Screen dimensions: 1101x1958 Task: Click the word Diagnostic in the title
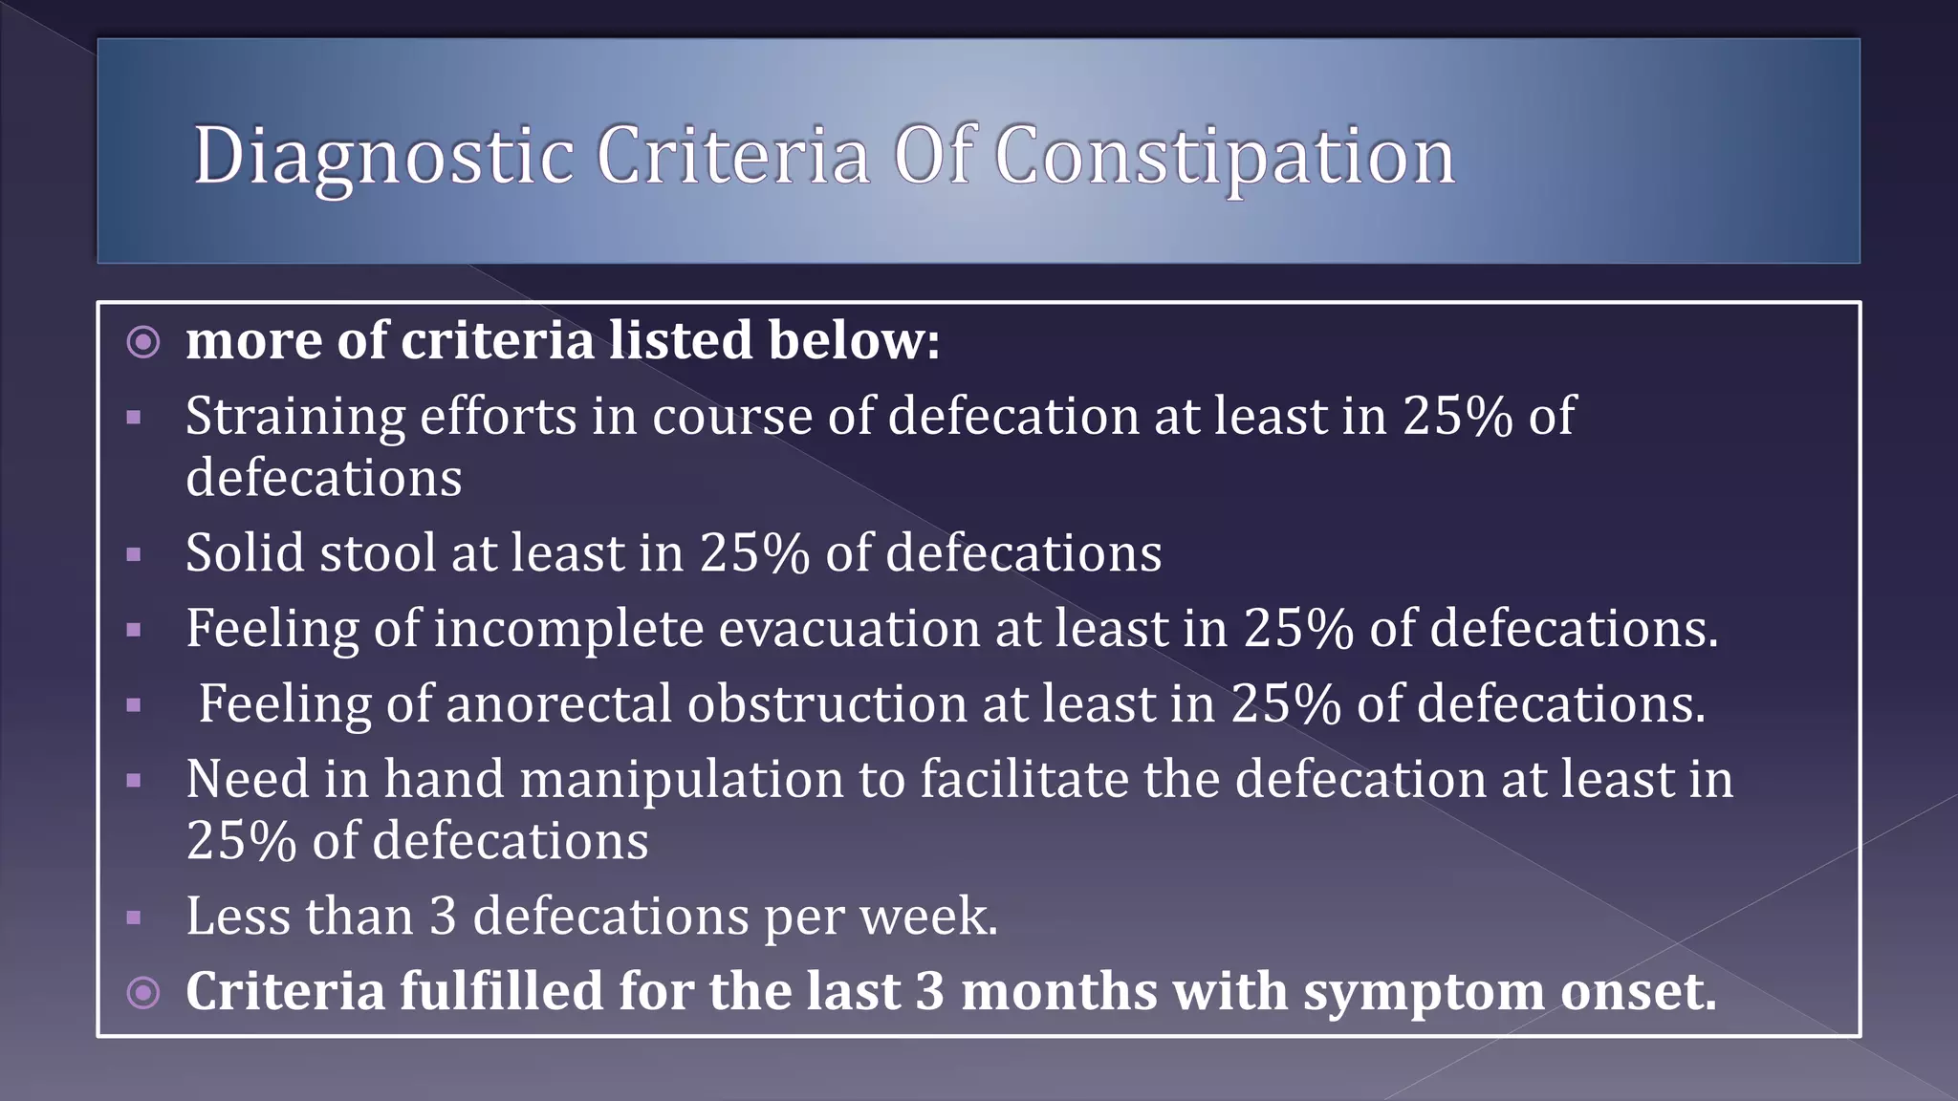[383, 157]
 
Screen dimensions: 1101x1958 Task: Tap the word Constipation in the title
[1225, 157]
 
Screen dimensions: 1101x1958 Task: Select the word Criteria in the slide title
[733, 155]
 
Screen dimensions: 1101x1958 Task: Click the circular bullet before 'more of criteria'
[143, 341]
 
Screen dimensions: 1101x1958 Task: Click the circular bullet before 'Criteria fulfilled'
[143, 992]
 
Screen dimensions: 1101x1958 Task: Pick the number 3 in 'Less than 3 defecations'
[443, 917]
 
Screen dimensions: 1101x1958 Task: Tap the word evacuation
[849, 630]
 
